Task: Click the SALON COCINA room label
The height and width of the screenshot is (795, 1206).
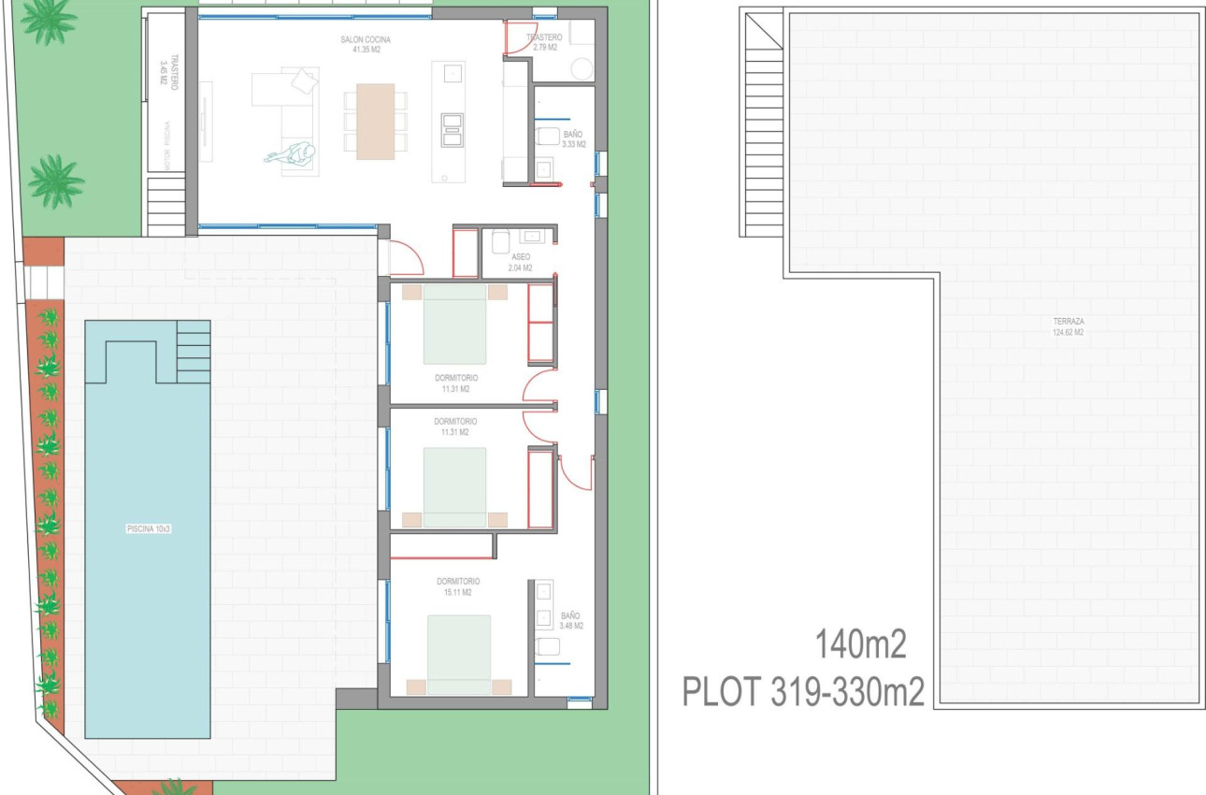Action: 365,44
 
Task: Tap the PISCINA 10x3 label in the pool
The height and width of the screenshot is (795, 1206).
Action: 149,529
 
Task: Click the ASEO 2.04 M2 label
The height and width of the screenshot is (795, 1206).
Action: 521,262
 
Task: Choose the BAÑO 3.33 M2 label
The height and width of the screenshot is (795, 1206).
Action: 572,139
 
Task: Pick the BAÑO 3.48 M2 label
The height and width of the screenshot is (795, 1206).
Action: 570,620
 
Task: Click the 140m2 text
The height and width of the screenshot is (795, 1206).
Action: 860,645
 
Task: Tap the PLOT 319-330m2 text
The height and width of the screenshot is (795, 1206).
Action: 803,692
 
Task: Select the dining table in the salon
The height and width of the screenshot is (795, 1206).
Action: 375,122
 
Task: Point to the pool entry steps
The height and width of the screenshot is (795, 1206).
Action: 193,351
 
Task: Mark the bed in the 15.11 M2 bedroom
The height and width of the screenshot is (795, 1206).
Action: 459,653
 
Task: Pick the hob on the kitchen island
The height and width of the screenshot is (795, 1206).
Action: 452,128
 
